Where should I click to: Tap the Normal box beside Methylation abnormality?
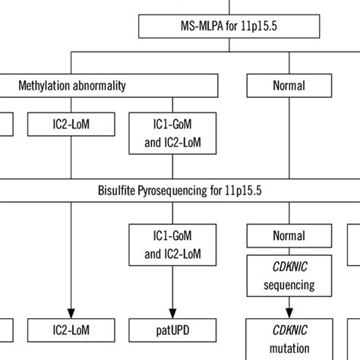coord(289,86)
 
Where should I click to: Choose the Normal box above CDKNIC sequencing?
coord(289,238)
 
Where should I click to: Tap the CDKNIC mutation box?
coord(289,339)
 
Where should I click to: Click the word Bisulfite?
coord(118,188)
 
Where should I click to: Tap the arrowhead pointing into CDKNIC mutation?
coord(289,312)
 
